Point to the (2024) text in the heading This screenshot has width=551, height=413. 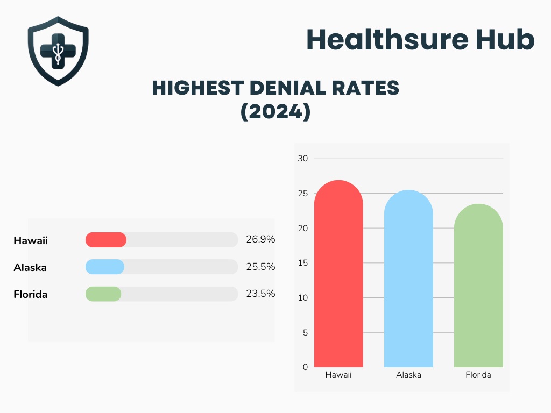point(275,112)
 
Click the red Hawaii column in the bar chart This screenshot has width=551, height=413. point(338,280)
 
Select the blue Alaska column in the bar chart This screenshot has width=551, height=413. point(408,285)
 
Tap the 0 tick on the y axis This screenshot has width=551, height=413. point(305,367)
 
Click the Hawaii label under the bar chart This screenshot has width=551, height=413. point(338,375)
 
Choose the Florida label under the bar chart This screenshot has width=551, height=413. point(478,375)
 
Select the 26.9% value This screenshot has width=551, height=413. point(260,239)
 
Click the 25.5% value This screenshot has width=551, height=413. point(260,267)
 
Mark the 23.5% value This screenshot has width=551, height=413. point(260,294)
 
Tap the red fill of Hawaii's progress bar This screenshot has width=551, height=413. point(106,240)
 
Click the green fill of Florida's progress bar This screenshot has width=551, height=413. point(103,294)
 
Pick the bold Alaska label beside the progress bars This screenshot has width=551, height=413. point(30,267)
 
